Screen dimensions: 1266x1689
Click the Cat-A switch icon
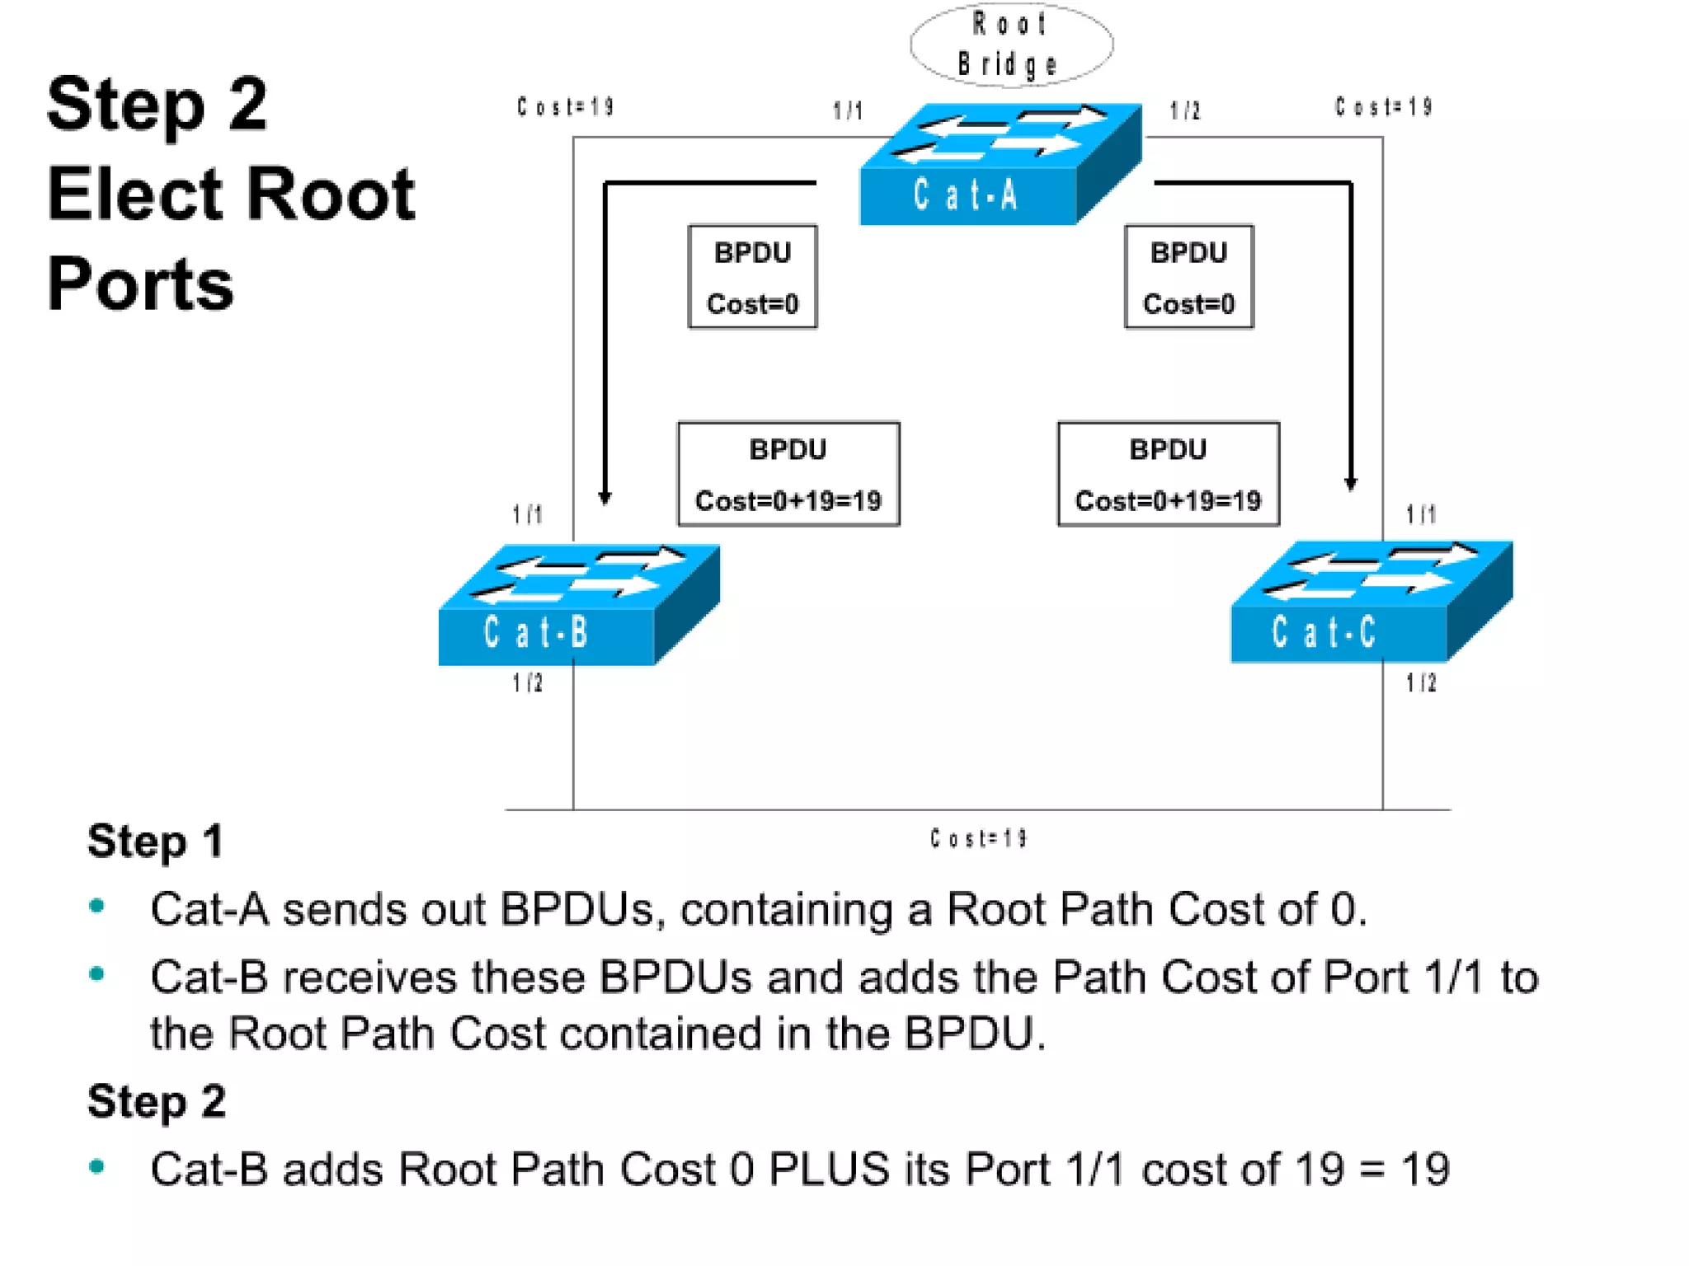pyautogui.click(x=999, y=165)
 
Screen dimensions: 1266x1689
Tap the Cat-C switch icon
pyautogui.click(x=1371, y=602)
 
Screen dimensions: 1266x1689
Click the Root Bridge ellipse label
pyautogui.click(x=1010, y=45)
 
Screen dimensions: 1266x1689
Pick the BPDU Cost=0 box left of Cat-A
pyautogui.click(x=752, y=277)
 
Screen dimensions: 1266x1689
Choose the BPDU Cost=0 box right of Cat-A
pyautogui.click(x=1188, y=277)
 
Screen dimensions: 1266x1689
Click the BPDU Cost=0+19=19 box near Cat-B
pyautogui.click(x=788, y=474)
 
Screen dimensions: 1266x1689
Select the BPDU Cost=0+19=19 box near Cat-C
pyautogui.click(x=1168, y=474)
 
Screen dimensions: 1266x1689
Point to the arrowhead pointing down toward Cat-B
pyautogui.click(x=605, y=497)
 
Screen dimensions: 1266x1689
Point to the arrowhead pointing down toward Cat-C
pyautogui.click(x=1350, y=484)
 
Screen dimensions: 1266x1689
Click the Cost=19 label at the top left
pyautogui.click(x=566, y=107)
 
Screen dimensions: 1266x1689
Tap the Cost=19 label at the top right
pyautogui.click(x=1383, y=107)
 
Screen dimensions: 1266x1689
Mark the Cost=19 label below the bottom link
pyautogui.click(x=978, y=839)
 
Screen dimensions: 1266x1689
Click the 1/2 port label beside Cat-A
pyautogui.click(x=1185, y=110)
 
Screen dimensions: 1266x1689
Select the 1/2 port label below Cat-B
pyautogui.click(x=528, y=682)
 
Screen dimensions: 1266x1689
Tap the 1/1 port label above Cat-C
pyautogui.click(x=1421, y=514)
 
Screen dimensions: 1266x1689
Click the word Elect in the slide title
pyautogui.click(x=139, y=195)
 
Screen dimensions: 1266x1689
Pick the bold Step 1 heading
pyautogui.click(x=155, y=841)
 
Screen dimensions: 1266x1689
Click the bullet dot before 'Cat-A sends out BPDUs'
pyautogui.click(x=97, y=907)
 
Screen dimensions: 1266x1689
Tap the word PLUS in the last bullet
pyautogui.click(x=829, y=1169)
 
